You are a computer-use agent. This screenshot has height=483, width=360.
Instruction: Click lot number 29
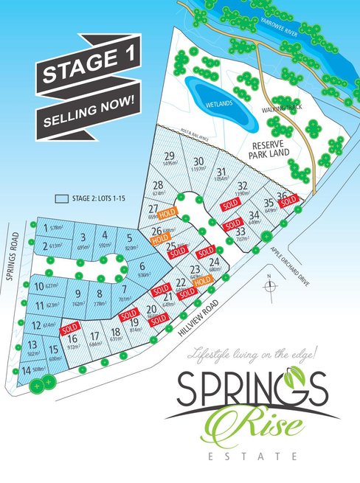(x=170, y=156)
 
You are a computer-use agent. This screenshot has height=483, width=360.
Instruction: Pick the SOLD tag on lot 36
(x=288, y=199)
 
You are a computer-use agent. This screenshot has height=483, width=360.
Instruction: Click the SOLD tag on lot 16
(x=71, y=327)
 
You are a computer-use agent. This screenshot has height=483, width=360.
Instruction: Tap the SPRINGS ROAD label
(x=11, y=259)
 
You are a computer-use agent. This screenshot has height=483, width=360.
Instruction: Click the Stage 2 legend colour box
(x=62, y=198)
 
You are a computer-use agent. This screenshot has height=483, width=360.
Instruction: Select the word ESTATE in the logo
(x=252, y=457)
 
